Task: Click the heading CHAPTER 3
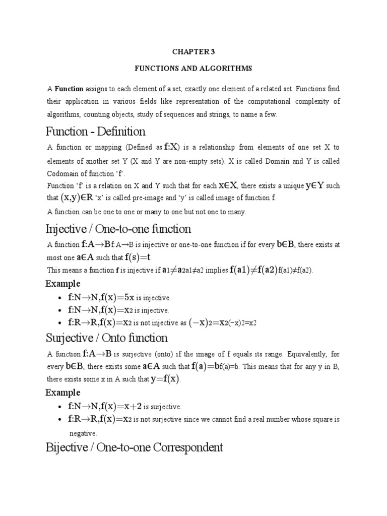[193, 50]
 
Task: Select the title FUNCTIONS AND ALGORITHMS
[193, 68]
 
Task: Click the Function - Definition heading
[95, 132]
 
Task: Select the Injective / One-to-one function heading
[118, 229]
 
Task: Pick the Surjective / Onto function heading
[106, 338]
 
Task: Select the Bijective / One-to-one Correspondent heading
[134, 447]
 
